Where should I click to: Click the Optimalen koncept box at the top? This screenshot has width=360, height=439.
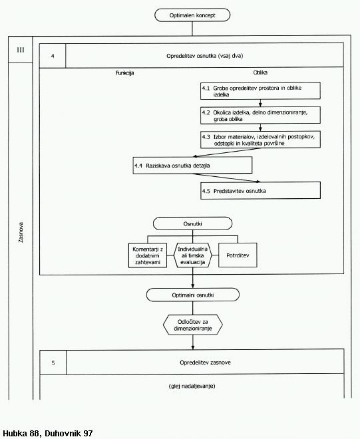point(192,15)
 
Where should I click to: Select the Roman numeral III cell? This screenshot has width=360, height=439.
point(21,50)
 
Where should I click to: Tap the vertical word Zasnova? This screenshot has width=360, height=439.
point(21,232)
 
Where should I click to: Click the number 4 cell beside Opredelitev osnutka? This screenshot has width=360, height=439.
point(53,56)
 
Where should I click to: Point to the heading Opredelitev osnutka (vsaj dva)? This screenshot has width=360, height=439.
point(204,56)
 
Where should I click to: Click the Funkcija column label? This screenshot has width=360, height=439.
point(124,73)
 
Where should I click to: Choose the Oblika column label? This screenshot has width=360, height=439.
point(260,73)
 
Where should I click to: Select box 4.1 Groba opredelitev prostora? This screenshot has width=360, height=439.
point(260,90)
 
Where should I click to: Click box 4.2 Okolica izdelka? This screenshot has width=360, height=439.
point(260,115)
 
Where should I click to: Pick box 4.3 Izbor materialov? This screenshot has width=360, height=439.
point(260,140)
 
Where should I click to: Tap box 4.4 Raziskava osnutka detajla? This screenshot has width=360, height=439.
point(192,165)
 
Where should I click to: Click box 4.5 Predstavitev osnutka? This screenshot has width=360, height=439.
point(260,190)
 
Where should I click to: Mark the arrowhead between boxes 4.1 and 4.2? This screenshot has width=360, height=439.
point(260,104)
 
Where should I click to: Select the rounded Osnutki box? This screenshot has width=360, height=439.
point(192,223)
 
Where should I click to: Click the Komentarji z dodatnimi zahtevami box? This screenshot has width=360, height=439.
point(148,255)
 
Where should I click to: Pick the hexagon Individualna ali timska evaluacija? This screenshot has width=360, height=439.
point(192,255)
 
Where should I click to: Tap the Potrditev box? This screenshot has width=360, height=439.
point(238,255)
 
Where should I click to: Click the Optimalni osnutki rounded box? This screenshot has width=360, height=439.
point(193,295)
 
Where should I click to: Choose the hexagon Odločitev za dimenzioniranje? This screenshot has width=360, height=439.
point(193,325)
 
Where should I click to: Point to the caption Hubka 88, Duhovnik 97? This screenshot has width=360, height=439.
point(48,434)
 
